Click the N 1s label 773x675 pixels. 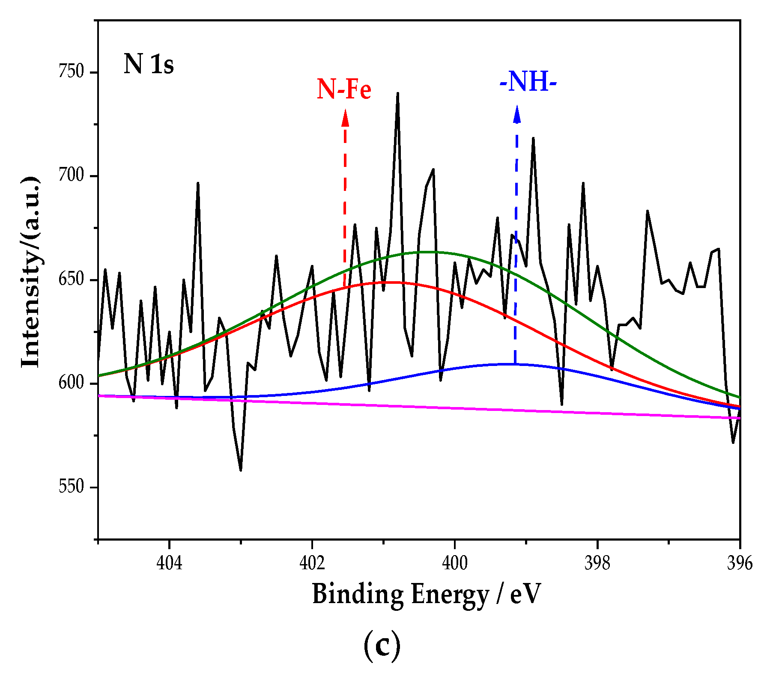149,65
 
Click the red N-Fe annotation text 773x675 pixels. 344,89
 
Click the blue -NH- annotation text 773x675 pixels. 528,81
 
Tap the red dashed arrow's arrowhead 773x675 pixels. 345,118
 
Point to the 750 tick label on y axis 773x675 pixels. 71,72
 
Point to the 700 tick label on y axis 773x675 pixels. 71,176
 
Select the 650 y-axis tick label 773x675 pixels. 71,280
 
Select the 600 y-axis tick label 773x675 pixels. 71,384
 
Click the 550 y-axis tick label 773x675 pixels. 71,487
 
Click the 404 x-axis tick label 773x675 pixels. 170,563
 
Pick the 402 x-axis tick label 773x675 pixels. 312,563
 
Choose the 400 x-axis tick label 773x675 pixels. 455,563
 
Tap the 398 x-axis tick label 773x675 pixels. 597,563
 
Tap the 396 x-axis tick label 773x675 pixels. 740,563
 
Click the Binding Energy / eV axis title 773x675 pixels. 427,595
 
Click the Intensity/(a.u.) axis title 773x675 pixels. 31,272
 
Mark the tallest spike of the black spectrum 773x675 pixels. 398,94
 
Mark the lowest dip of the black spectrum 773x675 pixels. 241,470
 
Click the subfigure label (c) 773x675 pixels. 382,646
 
